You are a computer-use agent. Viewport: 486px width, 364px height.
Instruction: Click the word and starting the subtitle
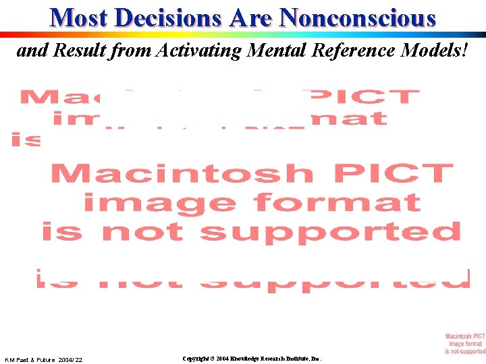pyautogui.click(x=33, y=51)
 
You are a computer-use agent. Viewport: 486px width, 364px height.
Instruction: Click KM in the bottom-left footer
pyautogui.click(x=10, y=360)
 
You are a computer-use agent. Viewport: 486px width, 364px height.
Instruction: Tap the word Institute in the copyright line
pyautogui.click(x=304, y=359)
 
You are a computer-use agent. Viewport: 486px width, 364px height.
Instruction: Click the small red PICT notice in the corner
pyautogui.click(x=465, y=343)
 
